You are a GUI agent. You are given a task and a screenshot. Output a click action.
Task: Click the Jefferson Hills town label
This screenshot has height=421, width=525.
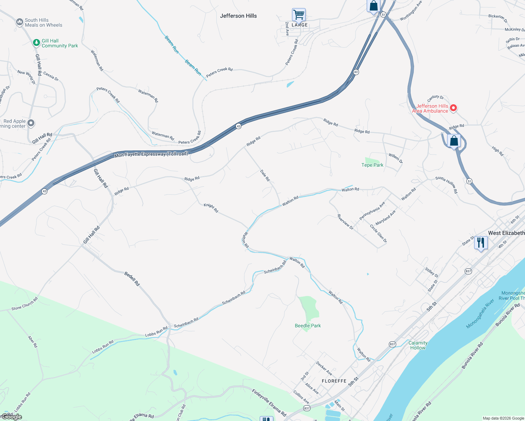pos(238,16)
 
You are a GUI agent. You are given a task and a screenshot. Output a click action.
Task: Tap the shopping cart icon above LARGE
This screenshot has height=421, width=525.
pos(299,15)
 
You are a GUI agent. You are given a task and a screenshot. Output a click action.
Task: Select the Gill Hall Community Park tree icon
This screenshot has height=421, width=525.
pos(36,43)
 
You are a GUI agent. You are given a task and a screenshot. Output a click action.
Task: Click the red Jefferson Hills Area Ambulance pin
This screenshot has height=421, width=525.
pos(453,108)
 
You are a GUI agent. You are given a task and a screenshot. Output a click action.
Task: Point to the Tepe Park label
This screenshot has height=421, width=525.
pos(372,165)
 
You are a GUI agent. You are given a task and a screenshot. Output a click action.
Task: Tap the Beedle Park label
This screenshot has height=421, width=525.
pos(308,326)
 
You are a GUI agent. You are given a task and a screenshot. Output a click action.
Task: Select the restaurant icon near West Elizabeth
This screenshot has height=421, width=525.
pos(481,242)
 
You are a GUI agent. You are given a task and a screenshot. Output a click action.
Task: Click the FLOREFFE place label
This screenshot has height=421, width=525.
pos(334,381)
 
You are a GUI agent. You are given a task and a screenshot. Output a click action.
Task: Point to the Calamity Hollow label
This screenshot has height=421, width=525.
pos(418,345)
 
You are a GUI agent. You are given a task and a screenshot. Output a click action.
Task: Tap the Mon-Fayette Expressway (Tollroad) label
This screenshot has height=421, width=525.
pos(151,154)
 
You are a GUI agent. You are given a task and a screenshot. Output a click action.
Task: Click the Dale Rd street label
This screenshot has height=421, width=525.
pos(265,175)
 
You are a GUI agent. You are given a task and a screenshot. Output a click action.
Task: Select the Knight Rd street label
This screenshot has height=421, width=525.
pos(211,208)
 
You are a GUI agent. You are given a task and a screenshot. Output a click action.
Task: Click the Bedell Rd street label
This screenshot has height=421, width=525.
pos(132,278)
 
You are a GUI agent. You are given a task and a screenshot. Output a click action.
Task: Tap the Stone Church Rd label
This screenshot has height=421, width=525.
pos(25,304)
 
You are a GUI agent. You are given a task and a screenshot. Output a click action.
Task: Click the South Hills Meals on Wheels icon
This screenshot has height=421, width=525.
pos(20,22)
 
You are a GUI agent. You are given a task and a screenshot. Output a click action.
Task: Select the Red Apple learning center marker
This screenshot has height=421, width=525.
pos(31,123)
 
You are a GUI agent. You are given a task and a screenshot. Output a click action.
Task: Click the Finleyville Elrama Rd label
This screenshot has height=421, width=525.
pos(269,402)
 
